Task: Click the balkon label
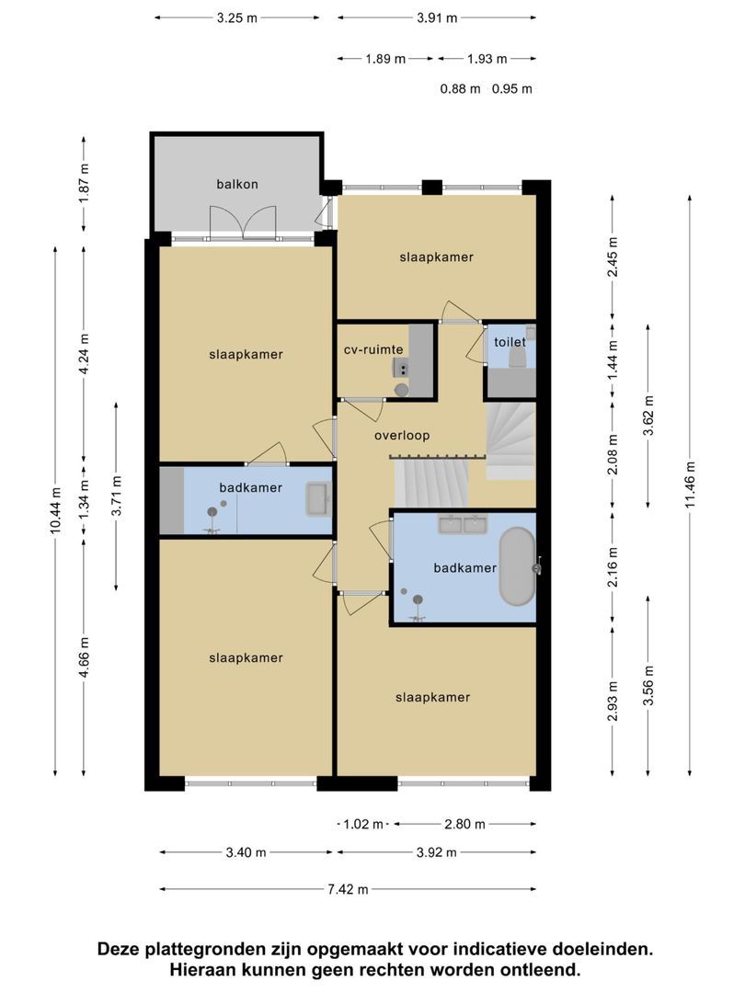237,184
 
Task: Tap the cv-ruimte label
373,349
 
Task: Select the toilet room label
510,342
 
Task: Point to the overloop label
402,435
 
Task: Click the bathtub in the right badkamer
517,566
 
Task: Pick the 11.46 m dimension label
690,485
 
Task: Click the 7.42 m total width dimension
348,889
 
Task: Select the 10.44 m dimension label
56,509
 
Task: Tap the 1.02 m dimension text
363,824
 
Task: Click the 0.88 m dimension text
461,88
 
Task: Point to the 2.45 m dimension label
613,257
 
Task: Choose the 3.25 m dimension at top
237,17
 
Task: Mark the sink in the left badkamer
318,499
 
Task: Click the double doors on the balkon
243,223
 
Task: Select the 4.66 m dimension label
85,657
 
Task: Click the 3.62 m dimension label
648,416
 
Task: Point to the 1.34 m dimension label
85,499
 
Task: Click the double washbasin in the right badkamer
463,524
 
